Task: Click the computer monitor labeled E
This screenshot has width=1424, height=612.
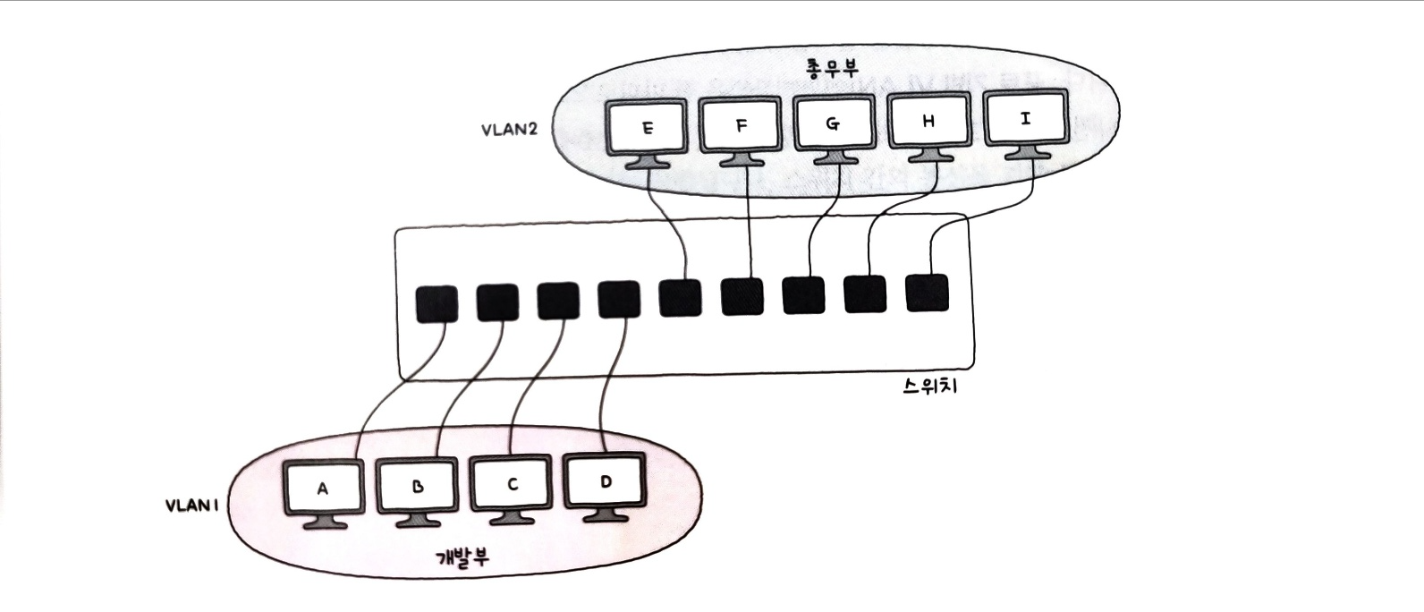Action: [647, 128]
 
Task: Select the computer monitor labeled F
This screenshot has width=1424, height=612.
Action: [741, 125]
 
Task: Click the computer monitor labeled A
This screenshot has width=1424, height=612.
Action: [323, 489]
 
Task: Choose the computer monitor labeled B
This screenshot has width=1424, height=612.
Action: [417, 487]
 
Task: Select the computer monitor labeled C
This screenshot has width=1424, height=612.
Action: [512, 484]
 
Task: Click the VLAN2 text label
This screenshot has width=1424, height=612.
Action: [509, 128]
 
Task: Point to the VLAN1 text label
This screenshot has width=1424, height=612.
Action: [191, 506]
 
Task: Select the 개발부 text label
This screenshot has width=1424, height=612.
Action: [462, 557]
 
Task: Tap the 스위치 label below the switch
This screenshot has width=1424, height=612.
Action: [930, 388]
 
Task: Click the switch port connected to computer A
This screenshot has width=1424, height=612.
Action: [437, 304]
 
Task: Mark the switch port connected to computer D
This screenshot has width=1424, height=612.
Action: [618, 301]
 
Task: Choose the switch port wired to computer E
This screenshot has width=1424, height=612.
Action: [680, 299]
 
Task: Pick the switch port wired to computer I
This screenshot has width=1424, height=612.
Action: [927, 293]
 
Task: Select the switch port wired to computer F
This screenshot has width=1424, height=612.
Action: [742, 297]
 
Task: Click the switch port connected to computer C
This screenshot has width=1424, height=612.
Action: [558, 302]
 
